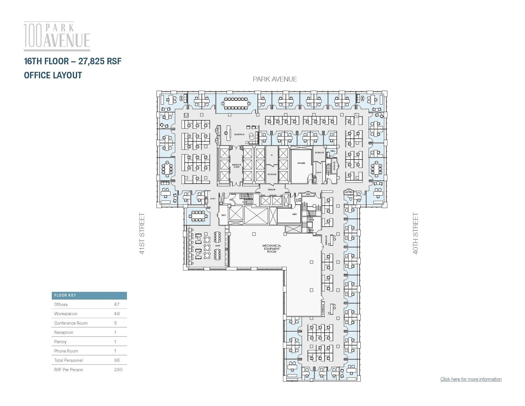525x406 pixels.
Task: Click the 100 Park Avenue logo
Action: click(57, 36)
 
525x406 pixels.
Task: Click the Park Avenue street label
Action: click(275, 79)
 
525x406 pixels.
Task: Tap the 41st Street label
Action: click(142, 233)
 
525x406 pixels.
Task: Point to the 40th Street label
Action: click(415, 233)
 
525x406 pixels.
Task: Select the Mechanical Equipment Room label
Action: click(272, 249)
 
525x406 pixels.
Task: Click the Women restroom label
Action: click(301, 163)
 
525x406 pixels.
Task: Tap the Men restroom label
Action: click(294, 214)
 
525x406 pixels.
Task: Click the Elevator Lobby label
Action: click(237, 166)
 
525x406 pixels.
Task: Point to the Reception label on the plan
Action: click(239, 134)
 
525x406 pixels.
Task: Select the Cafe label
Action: click(217, 246)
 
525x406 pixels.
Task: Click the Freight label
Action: click(271, 190)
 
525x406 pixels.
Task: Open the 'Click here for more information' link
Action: click(471, 379)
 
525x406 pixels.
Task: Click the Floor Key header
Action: click(65, 295)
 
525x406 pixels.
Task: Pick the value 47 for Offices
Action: click(117, 304)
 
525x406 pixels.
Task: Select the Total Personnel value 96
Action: click(117, 360)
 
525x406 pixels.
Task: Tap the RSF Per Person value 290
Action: click(118, 370)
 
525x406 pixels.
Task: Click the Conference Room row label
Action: click(71, 323)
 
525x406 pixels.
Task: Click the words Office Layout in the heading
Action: click(53, 75)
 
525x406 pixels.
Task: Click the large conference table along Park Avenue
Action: click(236, 103)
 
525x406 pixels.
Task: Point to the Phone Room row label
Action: click(66, 351)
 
